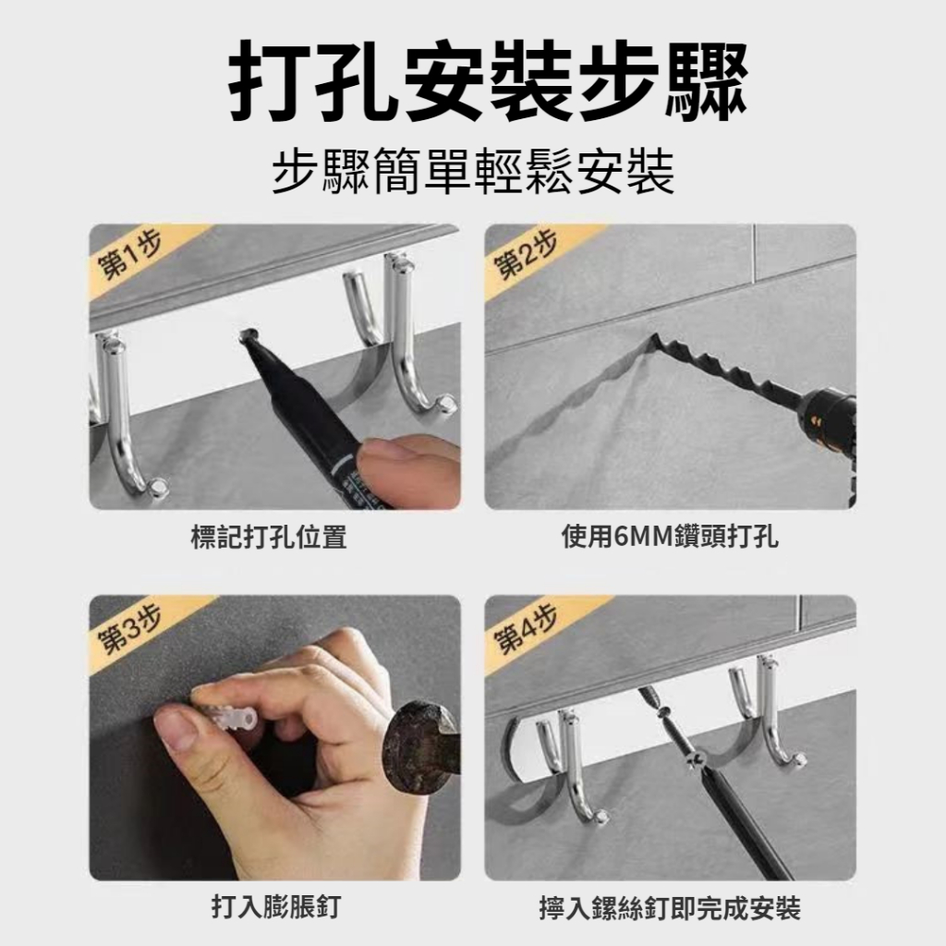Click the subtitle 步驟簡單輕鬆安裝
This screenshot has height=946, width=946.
pyautogui.click(x=472, y=172)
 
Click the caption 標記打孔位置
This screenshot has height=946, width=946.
pyautogui.click(x=269, y=537)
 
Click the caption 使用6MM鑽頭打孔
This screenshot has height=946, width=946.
pyautogui.click(x=670, y=537)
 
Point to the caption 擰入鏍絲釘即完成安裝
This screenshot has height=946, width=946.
pyautogui.click(x=671, y=909)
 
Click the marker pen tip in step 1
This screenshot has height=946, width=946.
pyautogui.click(x=248, y=335)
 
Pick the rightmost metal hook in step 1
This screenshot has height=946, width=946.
pyautogui.click(x=409, y=338)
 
